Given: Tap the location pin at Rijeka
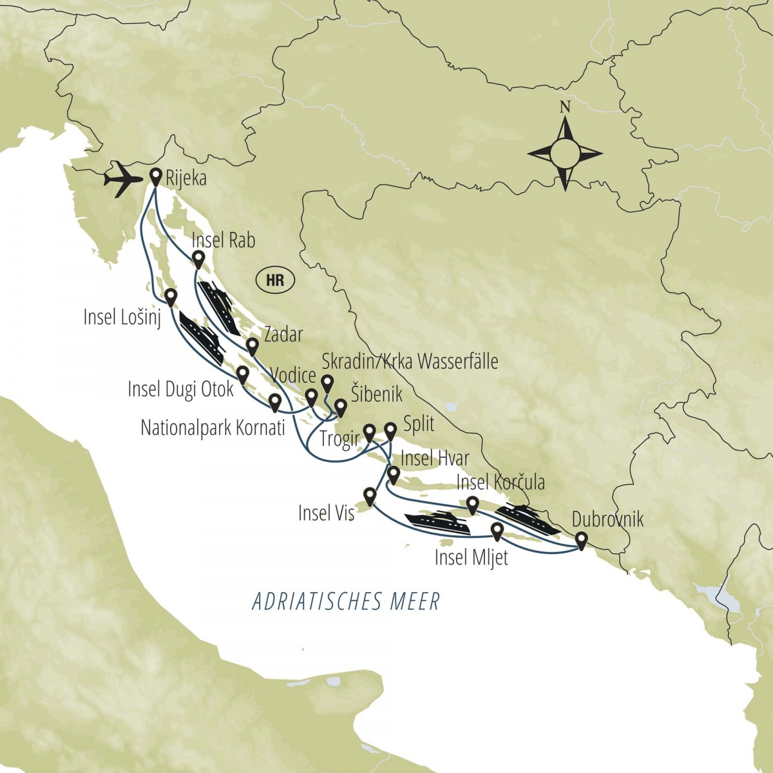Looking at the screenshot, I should (155, 175).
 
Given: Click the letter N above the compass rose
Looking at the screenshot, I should (565, 108).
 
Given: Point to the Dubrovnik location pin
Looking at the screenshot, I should (581, 540).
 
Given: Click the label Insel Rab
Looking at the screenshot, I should (224, 241).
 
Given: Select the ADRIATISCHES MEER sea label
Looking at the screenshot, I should (346, 602).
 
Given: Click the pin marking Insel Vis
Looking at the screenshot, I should (370, 495).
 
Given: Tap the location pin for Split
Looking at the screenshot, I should (390, 430).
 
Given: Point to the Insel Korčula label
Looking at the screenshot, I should (500, 482).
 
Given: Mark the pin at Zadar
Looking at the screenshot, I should (252, 346).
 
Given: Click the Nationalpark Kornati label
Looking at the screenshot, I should (213, 428).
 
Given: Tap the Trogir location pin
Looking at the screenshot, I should (370, 431).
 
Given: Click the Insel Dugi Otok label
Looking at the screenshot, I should (180, 389).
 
